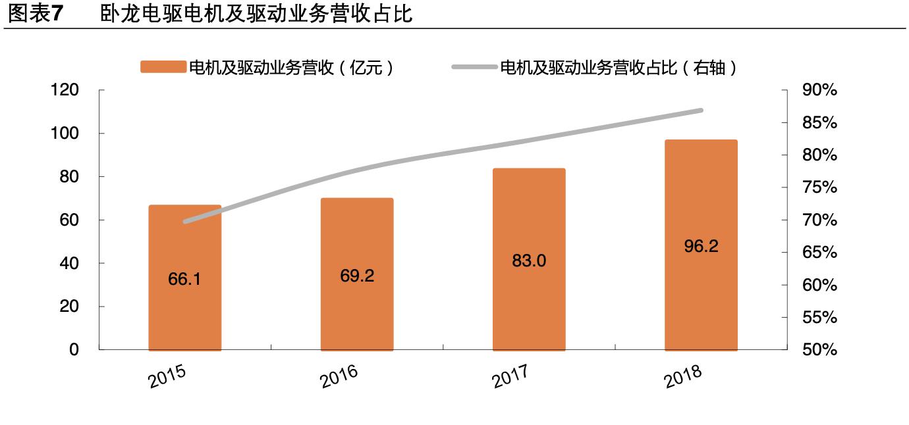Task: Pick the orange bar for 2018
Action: click(701, 296)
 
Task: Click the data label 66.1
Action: click(184, 279)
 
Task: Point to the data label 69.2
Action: click(357, 276)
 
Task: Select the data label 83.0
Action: click(529, 261)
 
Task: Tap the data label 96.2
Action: click(701, 247)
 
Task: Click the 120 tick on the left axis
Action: click(65, 90)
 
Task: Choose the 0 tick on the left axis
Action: click(74, 350)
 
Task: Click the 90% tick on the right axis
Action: click(819, 91)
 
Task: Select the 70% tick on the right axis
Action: click(819, 220)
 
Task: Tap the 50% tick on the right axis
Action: click(819, 350)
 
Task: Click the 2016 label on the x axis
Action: click(339, 376)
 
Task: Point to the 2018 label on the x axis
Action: click(683, 376)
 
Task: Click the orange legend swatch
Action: click(163, 67)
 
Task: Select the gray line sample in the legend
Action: click(474, 67)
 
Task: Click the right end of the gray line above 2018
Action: click(701, 111)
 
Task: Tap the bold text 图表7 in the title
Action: click(33, 14)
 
